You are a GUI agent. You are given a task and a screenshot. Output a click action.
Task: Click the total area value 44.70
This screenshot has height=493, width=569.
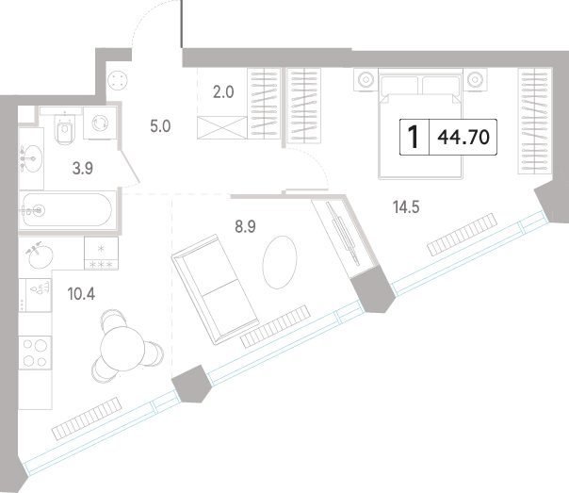point(463,138)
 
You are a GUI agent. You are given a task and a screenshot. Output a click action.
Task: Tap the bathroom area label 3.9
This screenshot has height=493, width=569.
point(83,169)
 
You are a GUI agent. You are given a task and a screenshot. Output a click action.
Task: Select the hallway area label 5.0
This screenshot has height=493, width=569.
point(160,126)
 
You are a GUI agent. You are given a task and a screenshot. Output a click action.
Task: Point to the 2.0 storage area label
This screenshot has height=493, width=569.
point(223,92)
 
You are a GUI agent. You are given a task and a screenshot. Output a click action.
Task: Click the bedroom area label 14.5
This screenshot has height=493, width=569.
point(406,207)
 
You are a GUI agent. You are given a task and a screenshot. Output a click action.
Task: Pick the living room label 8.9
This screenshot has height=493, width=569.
point(245,226)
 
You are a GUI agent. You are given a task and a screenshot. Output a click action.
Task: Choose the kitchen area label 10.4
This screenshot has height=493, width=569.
point(81,294)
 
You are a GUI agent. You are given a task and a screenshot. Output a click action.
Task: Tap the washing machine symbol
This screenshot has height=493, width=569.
point(100,123)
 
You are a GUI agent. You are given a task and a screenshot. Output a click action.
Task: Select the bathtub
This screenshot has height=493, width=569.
point(68,210)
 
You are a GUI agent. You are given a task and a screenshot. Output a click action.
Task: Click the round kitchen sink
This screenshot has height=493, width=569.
point(41,256)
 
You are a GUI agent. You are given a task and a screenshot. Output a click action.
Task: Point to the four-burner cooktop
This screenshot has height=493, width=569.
point(35,353)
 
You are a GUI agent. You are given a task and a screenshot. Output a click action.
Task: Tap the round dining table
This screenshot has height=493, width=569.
point(122,349)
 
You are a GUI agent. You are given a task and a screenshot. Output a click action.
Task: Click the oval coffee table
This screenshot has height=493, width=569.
point(280,262)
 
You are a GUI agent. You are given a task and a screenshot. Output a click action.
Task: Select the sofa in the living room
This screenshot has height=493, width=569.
point(215,289)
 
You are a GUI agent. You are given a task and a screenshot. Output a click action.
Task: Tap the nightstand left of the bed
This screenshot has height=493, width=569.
point(366,79)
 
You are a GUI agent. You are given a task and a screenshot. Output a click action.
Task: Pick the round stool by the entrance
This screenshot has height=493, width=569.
point(118,80)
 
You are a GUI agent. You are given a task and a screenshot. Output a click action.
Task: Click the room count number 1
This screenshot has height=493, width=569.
point(414,137)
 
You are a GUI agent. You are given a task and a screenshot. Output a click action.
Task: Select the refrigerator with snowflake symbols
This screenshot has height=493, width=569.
point(101,254)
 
